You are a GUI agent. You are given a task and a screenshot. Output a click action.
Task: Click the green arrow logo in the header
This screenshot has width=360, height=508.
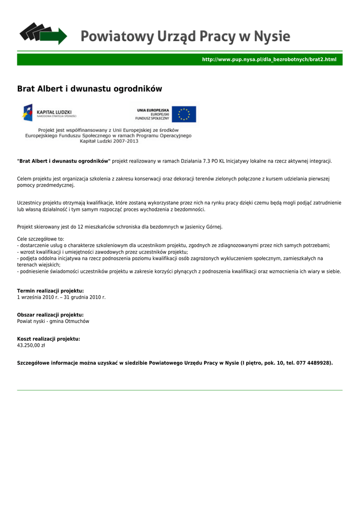(x=43, y=34)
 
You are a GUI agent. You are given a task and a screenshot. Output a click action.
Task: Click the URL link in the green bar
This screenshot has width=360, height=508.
(x=269, y=60)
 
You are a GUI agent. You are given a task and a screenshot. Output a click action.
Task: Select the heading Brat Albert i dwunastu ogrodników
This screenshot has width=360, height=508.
(x=89, y=89)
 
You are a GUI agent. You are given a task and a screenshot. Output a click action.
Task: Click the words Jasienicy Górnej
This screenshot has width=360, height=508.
(x=204, y=227)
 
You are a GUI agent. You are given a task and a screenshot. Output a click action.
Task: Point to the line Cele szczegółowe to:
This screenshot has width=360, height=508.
(x=41, y=239)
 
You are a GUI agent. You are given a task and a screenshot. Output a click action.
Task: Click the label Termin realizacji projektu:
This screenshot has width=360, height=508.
(x=50, y=291)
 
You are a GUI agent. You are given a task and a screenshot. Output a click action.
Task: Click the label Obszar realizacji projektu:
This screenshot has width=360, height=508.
(x=50, y=315)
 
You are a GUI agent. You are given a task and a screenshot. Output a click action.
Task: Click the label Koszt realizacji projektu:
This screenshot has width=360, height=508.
(x=49, y=339)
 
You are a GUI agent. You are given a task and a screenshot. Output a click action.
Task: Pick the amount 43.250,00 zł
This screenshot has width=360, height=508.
(x=31, y=345)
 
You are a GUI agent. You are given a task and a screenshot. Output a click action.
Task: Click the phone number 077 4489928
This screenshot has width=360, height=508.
(x=314, y=363)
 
